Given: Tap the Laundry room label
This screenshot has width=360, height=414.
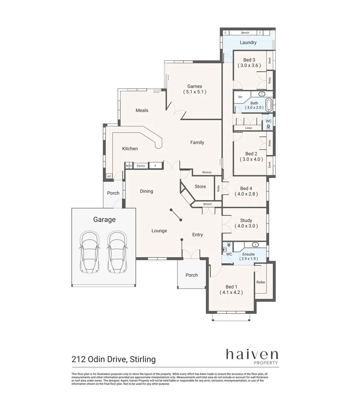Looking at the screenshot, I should [x=248, y=43].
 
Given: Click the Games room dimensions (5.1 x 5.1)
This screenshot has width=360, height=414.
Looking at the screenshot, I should [x=194, y=92].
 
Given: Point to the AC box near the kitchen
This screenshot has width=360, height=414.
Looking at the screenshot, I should [x=109, y=176].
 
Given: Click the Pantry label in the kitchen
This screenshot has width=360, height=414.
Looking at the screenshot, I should [x=141, y=166].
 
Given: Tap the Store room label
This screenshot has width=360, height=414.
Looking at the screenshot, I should [x=200, y=187].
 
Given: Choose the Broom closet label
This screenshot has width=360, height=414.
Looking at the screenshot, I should [x=207, y=204].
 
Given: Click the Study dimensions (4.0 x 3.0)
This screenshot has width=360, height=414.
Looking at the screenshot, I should [x=246, y=226].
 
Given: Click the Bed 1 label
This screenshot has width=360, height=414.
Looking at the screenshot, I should [x=231, y=287].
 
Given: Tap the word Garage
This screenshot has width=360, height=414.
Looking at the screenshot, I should [x=104, y=220].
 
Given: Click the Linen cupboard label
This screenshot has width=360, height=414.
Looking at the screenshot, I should [x=248, y=128].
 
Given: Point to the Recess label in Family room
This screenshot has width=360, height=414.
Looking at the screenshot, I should [x=207, y=172].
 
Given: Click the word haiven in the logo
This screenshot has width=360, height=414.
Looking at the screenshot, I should [x=252, y=354].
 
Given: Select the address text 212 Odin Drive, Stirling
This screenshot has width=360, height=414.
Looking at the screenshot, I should [x=113, y=360].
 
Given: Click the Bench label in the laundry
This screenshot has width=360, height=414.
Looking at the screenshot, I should [x=245, y=33].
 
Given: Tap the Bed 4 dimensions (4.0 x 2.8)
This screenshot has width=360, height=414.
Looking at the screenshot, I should [x=246, y=194].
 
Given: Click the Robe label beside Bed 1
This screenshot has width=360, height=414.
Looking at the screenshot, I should [x=261, y=282].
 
